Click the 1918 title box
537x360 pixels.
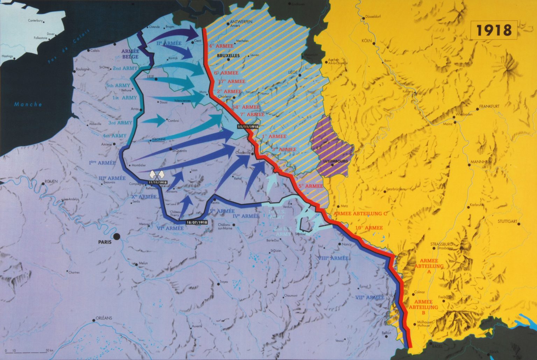pos(494,30)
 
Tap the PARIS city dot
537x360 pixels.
pos(117,237)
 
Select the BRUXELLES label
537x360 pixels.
pos(228,56)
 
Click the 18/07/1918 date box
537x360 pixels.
pos(197,222)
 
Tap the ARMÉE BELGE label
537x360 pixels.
pos(130,54)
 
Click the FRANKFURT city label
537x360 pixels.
pos(489,106)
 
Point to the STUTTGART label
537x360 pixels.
pos(507,221)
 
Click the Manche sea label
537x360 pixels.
pos(28,104)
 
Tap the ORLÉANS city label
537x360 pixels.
pos(104,318)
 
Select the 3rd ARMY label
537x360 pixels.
pos(120,123)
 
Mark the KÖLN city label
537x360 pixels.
pos(366,41)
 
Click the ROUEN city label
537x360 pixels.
pos(51,181)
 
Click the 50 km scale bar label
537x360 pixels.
pos(49,350)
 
